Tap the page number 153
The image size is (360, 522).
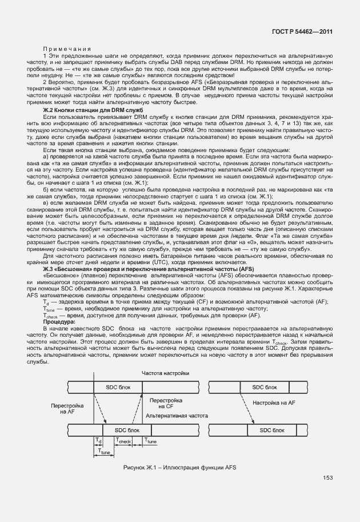[327, 478]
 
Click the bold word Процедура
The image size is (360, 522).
[59, 322]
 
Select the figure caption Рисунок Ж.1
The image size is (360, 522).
[179, 467]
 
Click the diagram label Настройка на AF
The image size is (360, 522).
[273, 403]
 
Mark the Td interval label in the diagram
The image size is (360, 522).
[97, 441]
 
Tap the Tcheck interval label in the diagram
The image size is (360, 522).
[124, 441]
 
